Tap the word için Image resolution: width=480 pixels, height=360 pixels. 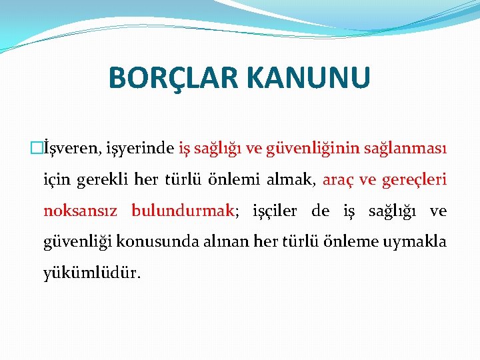(55, 180)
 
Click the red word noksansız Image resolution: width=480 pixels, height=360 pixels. (81, 211)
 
